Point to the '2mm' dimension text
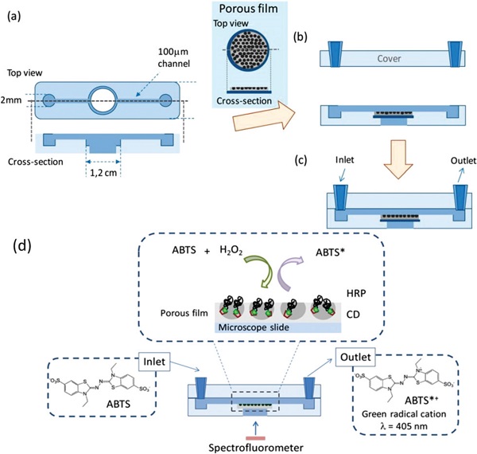(x=14, y=100)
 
